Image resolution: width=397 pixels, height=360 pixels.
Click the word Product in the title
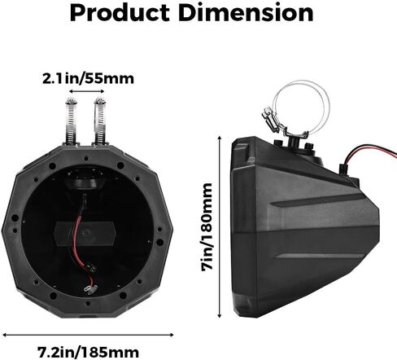click(120, 13)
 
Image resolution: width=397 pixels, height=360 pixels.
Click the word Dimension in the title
click(246, 12)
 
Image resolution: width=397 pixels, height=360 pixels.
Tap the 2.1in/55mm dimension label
click(88, 79)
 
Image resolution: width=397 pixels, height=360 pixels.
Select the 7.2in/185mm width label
click(88, 352)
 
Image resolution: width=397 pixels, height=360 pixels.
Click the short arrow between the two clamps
click(87, 91)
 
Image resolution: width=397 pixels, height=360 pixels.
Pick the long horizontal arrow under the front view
click(88, 335)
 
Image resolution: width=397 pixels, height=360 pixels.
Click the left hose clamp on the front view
click(72, 121)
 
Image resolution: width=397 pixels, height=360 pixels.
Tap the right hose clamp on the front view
click(100, 121)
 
